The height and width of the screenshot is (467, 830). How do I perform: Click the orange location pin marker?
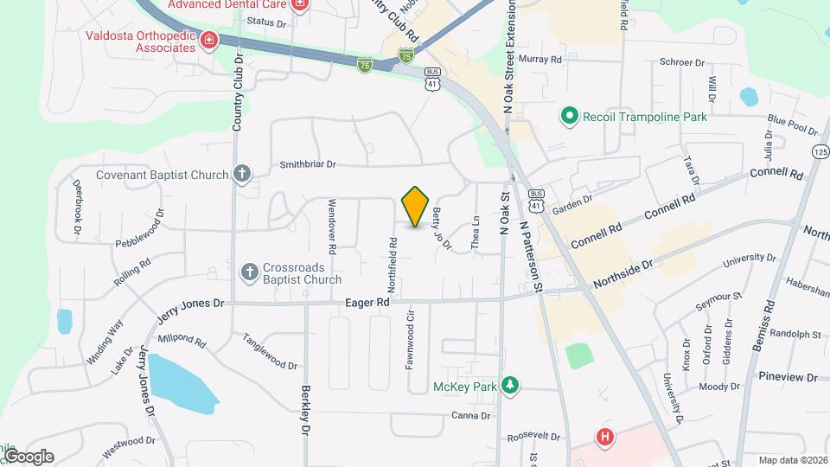[x=416, y=206]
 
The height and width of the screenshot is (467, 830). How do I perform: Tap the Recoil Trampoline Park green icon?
[x=569, y=115]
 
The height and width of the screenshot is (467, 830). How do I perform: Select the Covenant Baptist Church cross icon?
[x=243, y=174]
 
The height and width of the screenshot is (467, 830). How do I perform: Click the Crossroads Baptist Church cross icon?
[x=250, y=272]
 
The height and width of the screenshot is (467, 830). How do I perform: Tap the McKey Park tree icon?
[x=510, y=386]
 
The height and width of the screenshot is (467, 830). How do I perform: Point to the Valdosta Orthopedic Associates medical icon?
[x=208, y=40]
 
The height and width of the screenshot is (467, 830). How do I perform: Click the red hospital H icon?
[x=605, y=437]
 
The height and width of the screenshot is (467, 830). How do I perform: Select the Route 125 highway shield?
[x=820, y=151]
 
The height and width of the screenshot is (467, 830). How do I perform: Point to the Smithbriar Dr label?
[x=307, y=164]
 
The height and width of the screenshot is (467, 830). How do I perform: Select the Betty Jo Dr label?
[x=441, y=228]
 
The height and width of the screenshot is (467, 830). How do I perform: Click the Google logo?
[x=28, y=456]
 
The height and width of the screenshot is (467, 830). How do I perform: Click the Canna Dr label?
[x=471, y=416]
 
